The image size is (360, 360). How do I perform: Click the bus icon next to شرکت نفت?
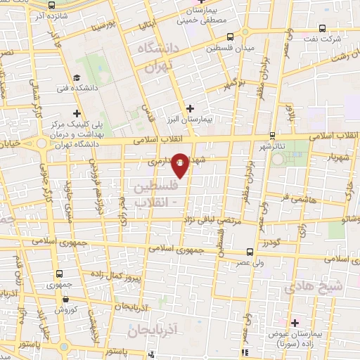click(x=321, y=29)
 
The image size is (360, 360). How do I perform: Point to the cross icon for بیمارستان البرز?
click(x=190, y=108)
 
